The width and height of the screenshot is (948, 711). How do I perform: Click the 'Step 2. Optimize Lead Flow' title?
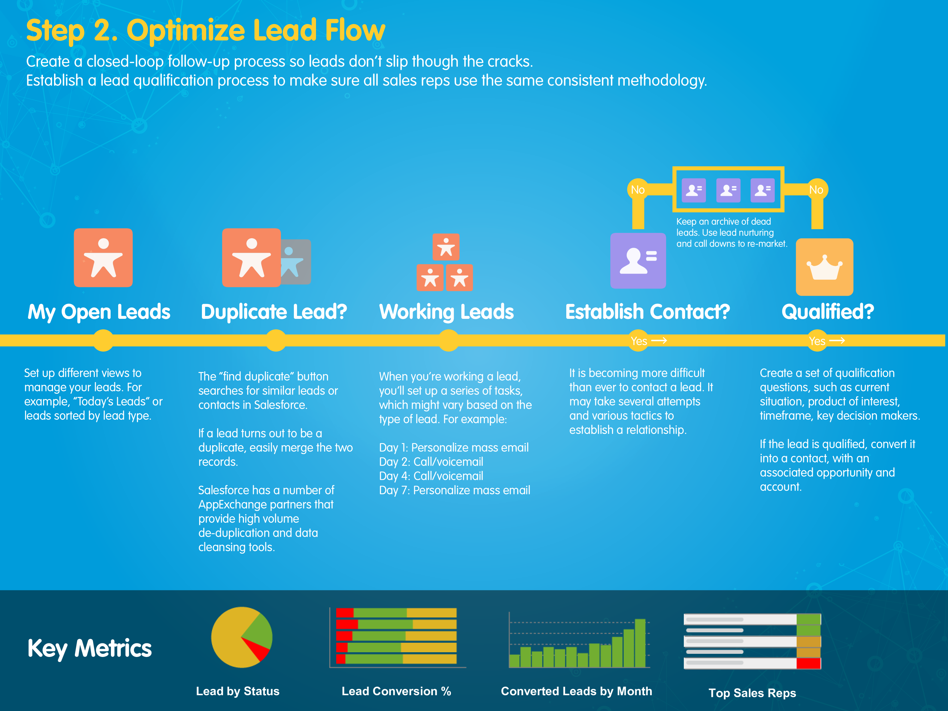[205, 31]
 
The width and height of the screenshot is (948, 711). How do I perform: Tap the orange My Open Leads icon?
[103, 258]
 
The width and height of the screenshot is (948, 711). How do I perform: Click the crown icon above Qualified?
[824, 267]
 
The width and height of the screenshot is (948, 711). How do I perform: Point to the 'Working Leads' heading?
[446, 312]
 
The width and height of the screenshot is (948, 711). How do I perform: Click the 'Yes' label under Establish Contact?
[639, 341]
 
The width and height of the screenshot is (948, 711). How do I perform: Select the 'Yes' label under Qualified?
[817, 341]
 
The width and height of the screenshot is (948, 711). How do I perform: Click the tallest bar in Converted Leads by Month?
[640, 643]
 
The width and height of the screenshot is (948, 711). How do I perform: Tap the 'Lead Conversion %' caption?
[396, 691]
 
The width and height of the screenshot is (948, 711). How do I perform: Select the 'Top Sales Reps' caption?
[752, 693]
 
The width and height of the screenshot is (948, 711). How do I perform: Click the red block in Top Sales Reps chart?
[808, 663]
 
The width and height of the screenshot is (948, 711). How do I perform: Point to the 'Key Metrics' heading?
[89, 648]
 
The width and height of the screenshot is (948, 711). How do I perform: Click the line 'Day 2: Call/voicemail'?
[431, 462]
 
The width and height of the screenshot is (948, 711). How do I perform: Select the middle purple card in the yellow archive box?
[728, 190]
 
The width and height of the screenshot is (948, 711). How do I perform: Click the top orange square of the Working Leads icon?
[446, 247]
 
